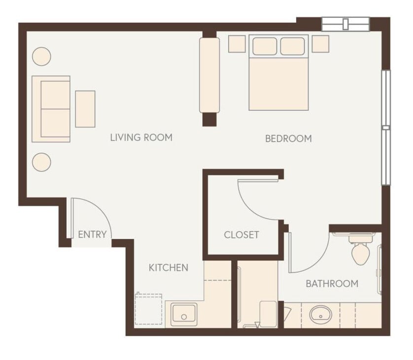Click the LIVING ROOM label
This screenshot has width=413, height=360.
pyautogui.click(x=141, y=137)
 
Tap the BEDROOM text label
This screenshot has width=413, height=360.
pyautogui.click(x=288, y=139)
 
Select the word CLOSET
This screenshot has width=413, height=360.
pyautogui.click(x=241, y=235)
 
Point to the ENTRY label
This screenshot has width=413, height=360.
pyautogui.click(x=92, y=234)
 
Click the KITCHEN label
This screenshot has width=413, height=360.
pyautogui.click(x=169, y=268)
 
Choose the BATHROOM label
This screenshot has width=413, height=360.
pyautogui.click(x=332, y=284)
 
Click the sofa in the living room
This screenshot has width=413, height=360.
pyautogui.click(x=51, y=109)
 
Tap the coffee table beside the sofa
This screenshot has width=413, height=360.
pyautogui.click(x=85, y=109)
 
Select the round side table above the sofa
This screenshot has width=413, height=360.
pyautogui.click(x=41, y=56)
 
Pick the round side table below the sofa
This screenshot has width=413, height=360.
pyautogui.click(x=41, y=162)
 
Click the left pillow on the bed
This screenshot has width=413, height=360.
pyautogui.click(x=265, y=46)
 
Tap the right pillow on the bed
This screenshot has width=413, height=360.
pyautogui.click(x=293, y=46)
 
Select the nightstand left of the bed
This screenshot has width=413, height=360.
pyautogui.click(x=237, y=44)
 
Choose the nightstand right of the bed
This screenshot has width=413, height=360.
pyautogui.click(x=320, y=44)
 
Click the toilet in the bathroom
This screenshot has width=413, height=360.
pyautogui.click(x=360, y=250)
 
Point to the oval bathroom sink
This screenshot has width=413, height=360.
pyautogui.click(x=321, y=314)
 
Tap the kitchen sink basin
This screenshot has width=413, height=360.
pyautogui.click(x=184, y=314)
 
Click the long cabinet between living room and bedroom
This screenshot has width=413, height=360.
pyautogui.click(x=209, y=75)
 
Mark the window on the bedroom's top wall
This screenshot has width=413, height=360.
pyautogui.click(x=345, y=24)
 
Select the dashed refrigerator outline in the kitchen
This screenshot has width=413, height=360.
pyautogui.click(x=149, y=309)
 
